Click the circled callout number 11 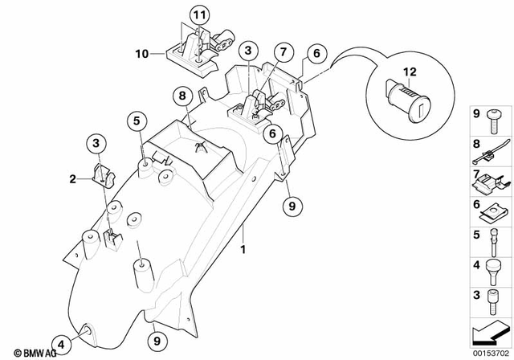[198, 15]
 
